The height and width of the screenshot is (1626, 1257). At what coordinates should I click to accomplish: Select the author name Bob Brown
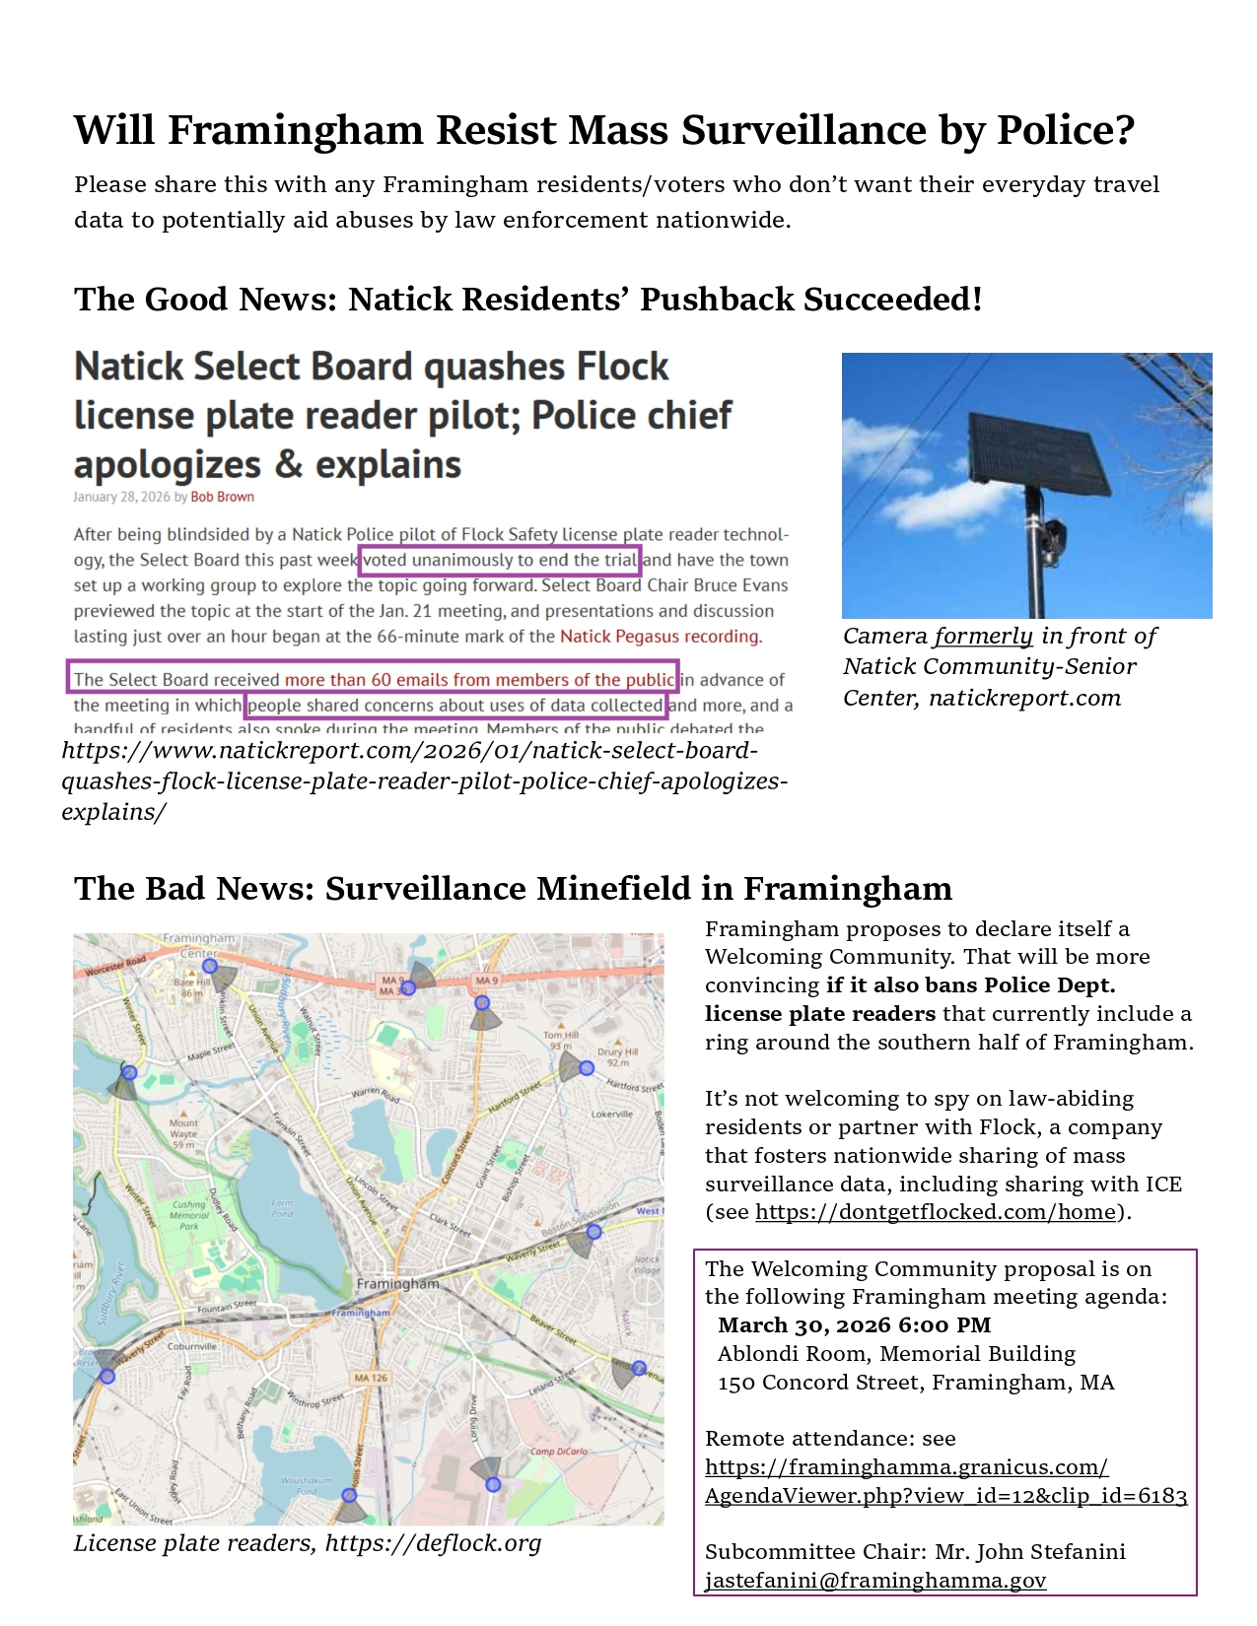(222, 497)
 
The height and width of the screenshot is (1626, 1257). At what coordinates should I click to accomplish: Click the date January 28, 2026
(122, 497)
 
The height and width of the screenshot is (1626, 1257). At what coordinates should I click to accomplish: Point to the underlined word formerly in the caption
(983, 637)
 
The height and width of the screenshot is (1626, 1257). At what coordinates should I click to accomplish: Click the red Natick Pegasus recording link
(659, 637)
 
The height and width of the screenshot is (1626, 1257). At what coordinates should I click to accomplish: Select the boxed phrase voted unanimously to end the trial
(500, 561)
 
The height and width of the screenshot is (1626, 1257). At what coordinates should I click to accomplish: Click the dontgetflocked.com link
(936, 1212)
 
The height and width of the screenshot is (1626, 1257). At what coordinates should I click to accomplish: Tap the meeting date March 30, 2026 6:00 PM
(854, 1325)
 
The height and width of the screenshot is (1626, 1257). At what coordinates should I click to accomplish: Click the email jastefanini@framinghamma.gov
(874, 1581)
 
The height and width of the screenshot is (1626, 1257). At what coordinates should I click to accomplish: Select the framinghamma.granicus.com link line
(906, 1467)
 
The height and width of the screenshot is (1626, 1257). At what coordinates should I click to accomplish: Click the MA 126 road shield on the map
(371, 1378)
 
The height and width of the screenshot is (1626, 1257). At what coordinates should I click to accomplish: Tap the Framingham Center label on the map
(199, 945)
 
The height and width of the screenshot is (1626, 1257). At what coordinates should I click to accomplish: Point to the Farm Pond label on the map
(282, 1208)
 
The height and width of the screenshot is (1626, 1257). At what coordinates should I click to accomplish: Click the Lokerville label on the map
(611, 1114)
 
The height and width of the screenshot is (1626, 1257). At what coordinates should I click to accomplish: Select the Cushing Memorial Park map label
(189, 1215)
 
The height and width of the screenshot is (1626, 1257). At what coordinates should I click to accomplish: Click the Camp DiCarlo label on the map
(558, 1452)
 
